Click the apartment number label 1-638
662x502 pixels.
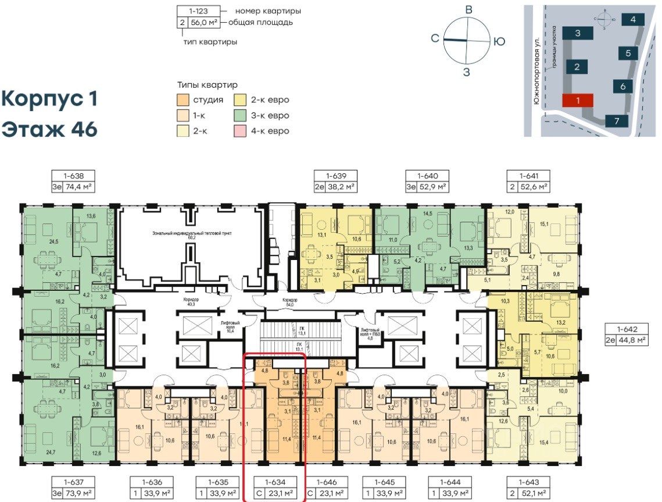tap(73, 175)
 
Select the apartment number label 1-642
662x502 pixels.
tap(625, 327)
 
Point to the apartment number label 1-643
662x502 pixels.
tap(528, 482)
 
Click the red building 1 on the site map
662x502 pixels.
tap(577, 100)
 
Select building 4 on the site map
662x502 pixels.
tap(632, 19)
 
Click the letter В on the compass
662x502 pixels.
tap(467, 9)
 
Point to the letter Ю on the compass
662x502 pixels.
tap(499, 41)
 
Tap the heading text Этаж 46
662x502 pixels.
tap(49, 129)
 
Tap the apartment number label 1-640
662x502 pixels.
tap(425, 175)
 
